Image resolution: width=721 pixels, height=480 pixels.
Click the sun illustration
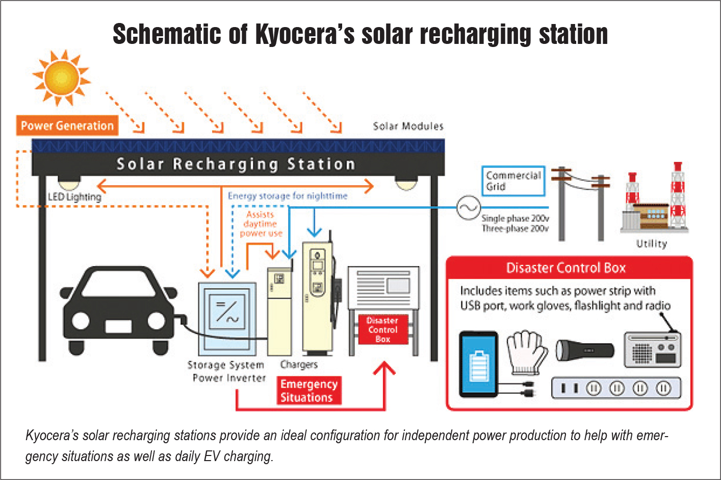pyautogui.click(x=62, y=78)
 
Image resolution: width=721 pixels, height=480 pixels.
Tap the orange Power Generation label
pyautogui.click(x=67, y=126)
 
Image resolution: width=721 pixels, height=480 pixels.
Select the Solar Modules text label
pyautogui.click(x=408, y=126)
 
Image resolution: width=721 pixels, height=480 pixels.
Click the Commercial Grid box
pyautogui.click(x=513, y=181)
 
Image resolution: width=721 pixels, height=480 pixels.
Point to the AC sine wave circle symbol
pyautogui.click(x=467, y=208)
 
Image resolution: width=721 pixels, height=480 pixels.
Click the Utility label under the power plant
pyautogui.click(x=651, y=244)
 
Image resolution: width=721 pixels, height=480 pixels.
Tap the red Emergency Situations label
pyautogui.click(x=309, y=391)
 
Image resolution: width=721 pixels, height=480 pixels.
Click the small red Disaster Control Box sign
pyautogui.click(x=382, y=329)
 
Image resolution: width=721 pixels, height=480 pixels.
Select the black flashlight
pyautogui.click(x=584, y=350)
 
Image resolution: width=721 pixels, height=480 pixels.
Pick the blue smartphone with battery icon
pyautogui.click(x=478, y=364)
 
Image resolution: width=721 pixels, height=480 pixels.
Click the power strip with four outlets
pyautogui.click(x=616, y=388)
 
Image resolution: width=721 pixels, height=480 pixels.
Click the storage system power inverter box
pyautogui.click(x=227, y=319)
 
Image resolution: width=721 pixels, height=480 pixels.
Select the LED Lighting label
pyautogui.click(x=74, y=197)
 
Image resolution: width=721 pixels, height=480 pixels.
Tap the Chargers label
pyautogui.click(x=299, y=365)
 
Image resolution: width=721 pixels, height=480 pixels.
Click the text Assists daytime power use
pyautogui.click(x=261, y=224)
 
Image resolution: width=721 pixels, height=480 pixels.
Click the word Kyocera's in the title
pyautogui.click(x=304, y=34)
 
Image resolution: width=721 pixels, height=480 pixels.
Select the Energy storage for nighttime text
pyautogui.click(x=288, y=196)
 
